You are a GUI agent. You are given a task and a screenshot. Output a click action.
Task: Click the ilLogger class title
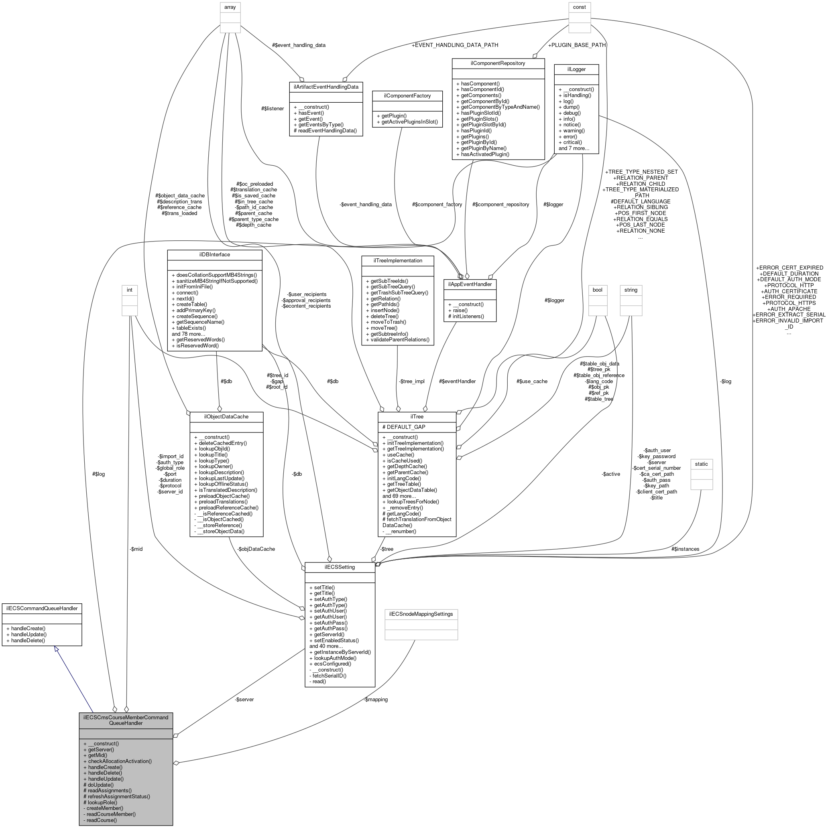(x=576, y=69)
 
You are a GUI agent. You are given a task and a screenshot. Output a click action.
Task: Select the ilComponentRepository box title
(x=498, y=63)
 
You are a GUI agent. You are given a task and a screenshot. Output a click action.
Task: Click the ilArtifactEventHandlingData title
(x=326, y=87)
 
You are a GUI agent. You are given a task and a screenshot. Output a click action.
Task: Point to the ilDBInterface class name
(x=214, y=255)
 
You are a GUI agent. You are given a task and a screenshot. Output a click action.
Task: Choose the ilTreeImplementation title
(x=397, y=261)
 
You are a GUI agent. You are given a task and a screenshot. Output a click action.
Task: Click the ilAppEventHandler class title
(x=470, y=284)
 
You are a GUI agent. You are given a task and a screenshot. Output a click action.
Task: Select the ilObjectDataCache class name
(x=226, y=416)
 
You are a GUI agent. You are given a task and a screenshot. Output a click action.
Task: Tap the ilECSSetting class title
(x=340, y=567)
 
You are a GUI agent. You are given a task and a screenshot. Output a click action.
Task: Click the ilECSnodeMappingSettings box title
(x=421, y=614)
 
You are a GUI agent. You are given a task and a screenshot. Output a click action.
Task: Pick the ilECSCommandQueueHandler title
(x=42, y=608)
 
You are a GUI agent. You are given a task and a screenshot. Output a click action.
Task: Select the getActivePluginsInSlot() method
(x=407, y=122)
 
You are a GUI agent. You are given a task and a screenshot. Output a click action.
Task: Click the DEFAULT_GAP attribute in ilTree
(x=406, y=427)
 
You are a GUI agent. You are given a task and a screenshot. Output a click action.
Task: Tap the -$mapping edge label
(x=375, y=700)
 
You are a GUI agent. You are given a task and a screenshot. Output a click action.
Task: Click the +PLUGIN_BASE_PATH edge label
(x=576, y=45)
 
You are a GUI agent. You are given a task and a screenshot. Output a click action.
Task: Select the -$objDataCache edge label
(x=256, y=549)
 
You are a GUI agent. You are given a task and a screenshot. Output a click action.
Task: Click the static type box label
(x=702, y=464)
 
